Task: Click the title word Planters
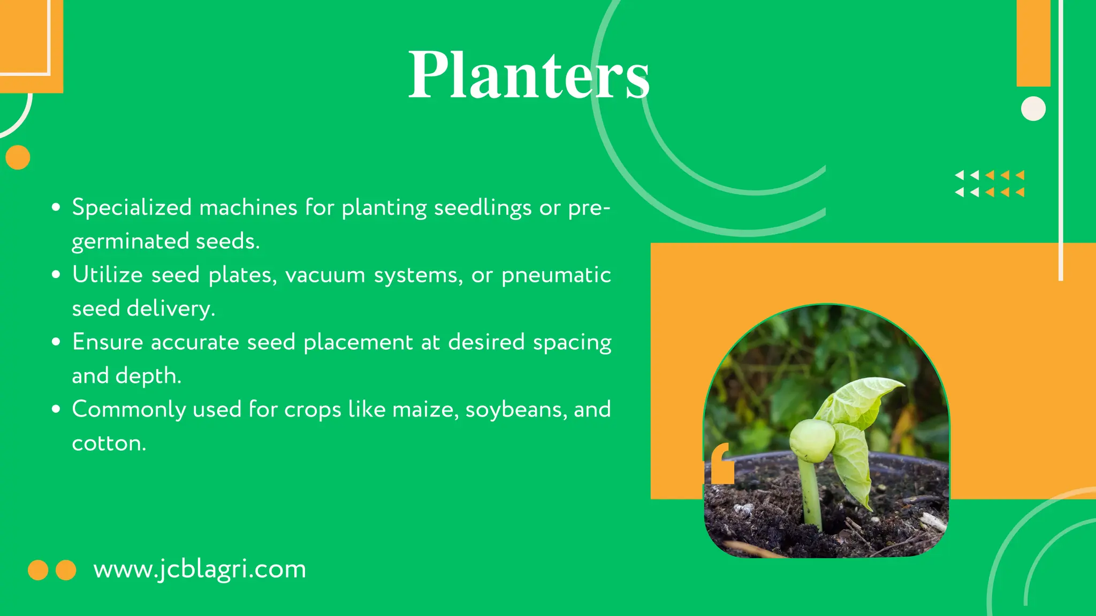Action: (x=529, y=75)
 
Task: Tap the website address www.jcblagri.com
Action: (x=200, y=569)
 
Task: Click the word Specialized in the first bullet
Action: (x=132, y=207)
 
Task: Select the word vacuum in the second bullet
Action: (x=325, y=275)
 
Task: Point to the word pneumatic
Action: (x=556, y=275)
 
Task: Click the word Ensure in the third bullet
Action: (x=108, y=342)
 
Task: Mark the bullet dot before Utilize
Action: (x=56, y=275)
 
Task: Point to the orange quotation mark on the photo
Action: (x=721, y=464)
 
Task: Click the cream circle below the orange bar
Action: (x=1033, y=109)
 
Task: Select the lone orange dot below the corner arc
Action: (x=18, y=157)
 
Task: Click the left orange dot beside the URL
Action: (x=38, y=570)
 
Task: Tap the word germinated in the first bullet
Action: (x=130, y=241)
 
